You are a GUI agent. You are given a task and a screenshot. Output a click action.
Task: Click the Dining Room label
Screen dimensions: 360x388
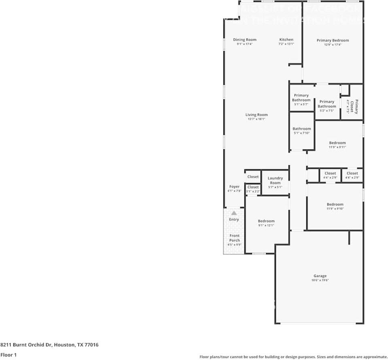[x=244, y=40]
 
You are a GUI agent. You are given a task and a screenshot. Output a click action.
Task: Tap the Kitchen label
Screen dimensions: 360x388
[x=286, y=40]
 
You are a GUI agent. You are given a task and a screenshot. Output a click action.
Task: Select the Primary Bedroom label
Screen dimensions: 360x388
[x=333, y=40]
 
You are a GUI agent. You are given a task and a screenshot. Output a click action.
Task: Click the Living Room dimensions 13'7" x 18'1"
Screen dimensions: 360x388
[x=256, y=119]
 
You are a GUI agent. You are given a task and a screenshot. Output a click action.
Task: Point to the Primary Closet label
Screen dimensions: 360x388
[x=354, y=107]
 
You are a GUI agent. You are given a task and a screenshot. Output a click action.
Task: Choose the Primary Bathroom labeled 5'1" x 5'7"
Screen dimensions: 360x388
[x=301, y=98]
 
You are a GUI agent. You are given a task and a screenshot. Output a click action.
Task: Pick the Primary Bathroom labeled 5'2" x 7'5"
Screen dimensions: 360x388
[x=327, y=104]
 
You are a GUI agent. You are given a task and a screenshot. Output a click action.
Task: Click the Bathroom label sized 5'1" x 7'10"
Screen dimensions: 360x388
[x=301, y=129]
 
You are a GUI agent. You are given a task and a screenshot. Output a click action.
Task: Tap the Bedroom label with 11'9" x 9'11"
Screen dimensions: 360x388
[x=337, y=143]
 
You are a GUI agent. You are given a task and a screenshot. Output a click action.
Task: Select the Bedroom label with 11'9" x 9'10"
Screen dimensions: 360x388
[x=335, y=204]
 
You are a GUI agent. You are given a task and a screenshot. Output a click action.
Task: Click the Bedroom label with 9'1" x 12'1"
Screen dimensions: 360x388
[x=266, y=221]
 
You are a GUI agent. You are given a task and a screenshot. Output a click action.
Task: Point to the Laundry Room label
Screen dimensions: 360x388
[x=275, y=180]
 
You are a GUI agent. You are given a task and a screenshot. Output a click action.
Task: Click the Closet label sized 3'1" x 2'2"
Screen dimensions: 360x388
[x=253, y=187]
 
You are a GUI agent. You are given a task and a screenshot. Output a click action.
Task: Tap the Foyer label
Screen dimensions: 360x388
[x=234, y=187]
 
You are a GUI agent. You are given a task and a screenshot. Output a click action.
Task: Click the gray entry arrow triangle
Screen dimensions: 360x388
[x=234, y=213]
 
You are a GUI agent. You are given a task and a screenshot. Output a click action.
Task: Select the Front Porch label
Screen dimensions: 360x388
[x=234, y=238]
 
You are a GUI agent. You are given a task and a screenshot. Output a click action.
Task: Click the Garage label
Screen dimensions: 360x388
[x=320, y=276]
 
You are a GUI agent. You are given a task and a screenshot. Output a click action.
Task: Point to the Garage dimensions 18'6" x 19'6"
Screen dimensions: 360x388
[x=320, y=280]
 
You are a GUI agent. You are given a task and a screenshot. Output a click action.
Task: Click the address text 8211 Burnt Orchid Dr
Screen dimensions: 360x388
[x=27, y=345]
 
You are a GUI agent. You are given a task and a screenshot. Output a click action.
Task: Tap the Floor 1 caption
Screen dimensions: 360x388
[x=8, y=355]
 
